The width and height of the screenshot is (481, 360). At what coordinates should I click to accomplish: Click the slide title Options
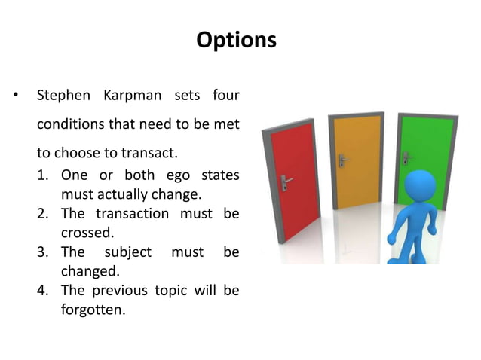point(236,40)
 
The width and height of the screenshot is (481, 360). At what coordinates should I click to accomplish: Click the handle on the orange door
point(342,160)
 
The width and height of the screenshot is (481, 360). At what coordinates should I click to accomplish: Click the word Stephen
point(63,96)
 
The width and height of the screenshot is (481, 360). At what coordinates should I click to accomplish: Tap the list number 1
point(43,175)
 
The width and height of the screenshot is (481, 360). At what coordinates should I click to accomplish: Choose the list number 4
point(43,290)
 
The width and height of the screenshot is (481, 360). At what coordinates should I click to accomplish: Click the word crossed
point(85,233)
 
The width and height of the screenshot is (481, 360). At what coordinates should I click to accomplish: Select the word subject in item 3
point(127,252)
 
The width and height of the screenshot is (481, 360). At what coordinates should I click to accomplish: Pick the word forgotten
point(93,309)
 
